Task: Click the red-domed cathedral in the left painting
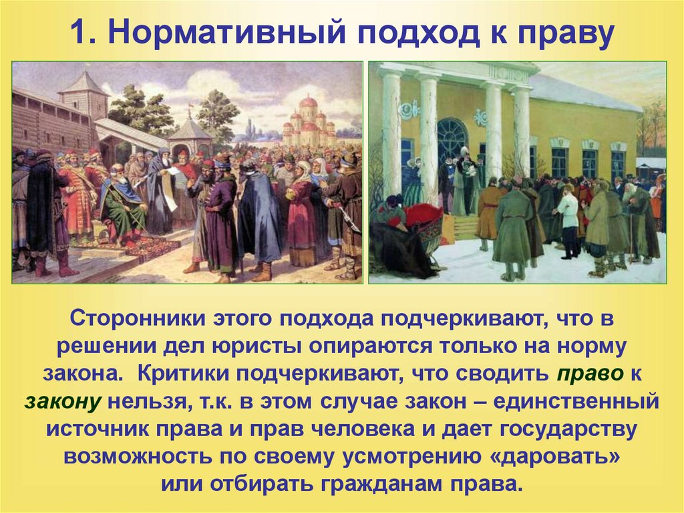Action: point(308,118)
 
